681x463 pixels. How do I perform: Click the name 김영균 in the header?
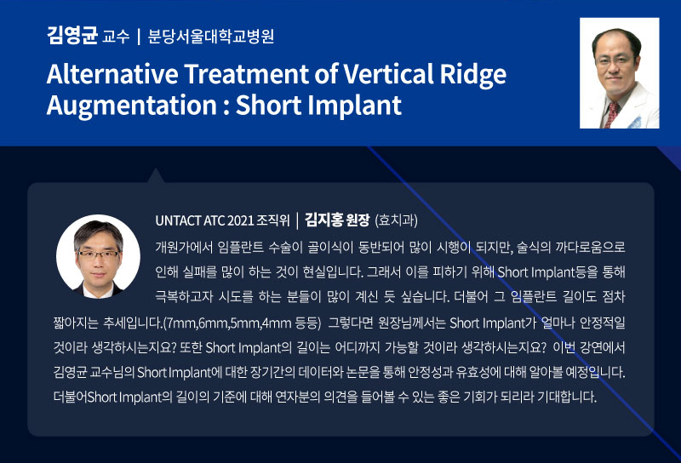[x=72, y=36]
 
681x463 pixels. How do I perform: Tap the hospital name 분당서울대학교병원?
[x=211, y=37]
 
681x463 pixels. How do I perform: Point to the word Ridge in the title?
[x=473, y=76]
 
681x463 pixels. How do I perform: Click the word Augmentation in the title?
[x=132, y=106]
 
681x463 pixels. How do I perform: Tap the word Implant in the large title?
[x=352, y=106]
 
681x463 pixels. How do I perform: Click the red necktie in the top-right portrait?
[x=611, y=114]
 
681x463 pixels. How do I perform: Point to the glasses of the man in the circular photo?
[x=98, y=254]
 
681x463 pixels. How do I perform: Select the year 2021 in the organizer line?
[x=240, y=220]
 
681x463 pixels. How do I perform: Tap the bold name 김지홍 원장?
[x=337, y=220]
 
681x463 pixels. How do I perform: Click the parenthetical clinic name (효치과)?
[x=396, y=220]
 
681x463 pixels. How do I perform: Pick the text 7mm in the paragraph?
[x=181, y=323]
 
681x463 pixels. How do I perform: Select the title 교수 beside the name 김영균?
[x=116, y=37]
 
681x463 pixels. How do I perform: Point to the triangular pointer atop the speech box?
[x=156, y=176]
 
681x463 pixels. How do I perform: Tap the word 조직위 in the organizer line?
[x=272, y=220]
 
